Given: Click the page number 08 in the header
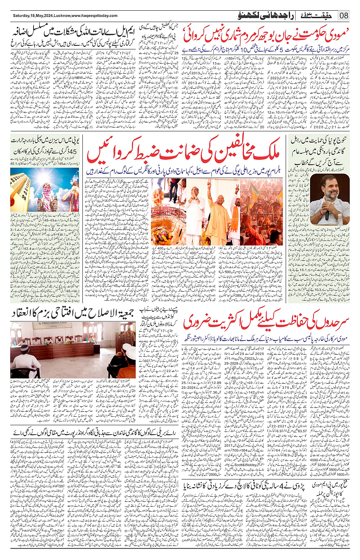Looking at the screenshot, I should tap(344, 16).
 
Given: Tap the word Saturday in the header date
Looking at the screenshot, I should tap(22, 16).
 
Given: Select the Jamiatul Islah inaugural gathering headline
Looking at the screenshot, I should tap(72, 313).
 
